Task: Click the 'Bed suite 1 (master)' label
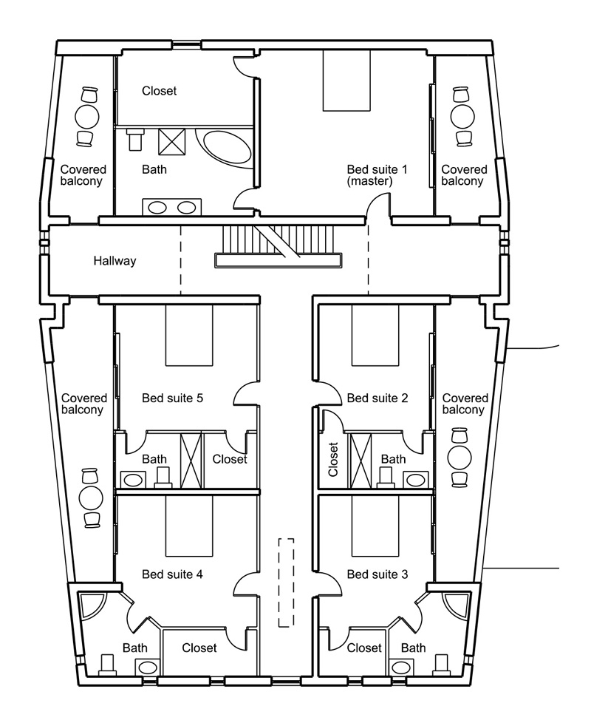377,174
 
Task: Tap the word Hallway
115,261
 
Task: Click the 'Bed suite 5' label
171,398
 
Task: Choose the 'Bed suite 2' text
377,398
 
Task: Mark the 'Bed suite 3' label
377,574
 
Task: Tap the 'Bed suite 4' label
171,574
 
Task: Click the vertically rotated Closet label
332,459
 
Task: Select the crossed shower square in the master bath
174,140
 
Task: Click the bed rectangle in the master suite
346,81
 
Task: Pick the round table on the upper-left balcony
88,116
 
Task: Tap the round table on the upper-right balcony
463,116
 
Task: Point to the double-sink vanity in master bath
171,207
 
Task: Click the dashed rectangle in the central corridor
286,583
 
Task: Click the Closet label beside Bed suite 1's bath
160,91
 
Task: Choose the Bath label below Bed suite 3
413,648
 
